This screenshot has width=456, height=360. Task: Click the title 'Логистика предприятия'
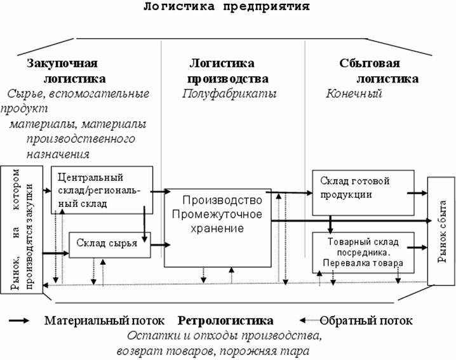coord(227,7)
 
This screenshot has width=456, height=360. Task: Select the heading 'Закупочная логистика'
coord(65,71)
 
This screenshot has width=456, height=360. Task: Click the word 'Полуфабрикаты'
coord(222,94)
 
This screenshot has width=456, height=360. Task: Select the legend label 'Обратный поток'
coord(366,321)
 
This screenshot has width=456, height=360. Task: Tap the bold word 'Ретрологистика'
coord(225,321)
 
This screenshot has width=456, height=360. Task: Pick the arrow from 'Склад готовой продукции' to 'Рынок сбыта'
coord(417,192)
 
